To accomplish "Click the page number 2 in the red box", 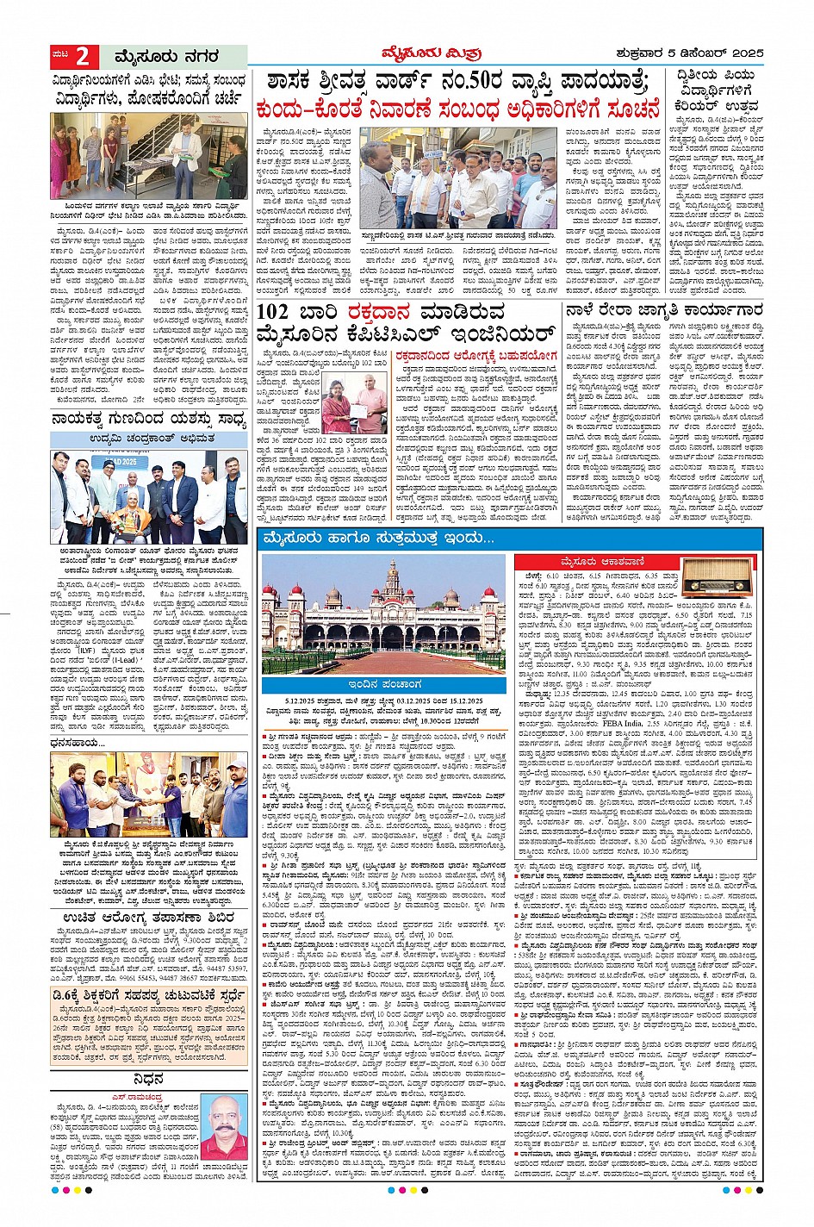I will tap(82, 57).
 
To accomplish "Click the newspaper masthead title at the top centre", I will tap(407, 53).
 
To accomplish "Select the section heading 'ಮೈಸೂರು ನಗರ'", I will tap(166, 57).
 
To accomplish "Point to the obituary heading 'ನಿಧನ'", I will tap(148, 1078).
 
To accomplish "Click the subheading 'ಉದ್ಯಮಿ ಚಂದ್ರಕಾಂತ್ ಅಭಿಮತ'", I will tap(148, 439).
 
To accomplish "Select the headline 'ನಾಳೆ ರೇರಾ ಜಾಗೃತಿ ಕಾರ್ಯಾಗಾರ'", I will tap(663, 309).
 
